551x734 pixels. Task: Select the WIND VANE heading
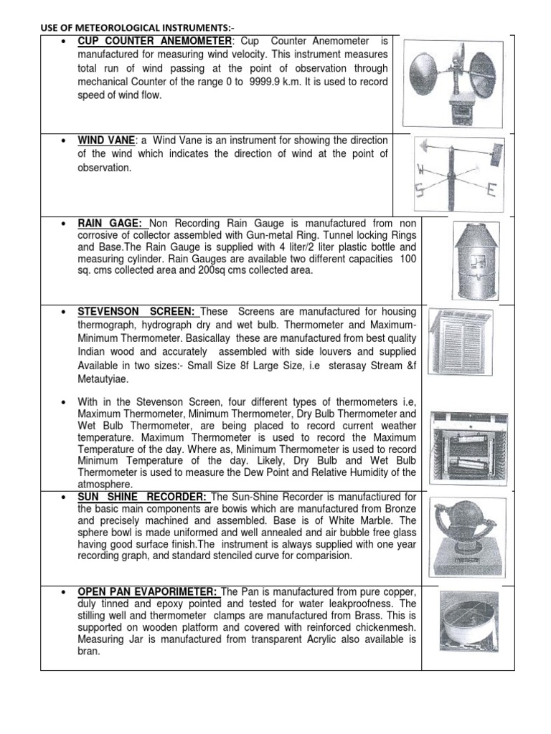coord(108,140)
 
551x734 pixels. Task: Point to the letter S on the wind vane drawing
coord(419,190)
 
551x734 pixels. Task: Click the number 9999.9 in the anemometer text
coord(270,82)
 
